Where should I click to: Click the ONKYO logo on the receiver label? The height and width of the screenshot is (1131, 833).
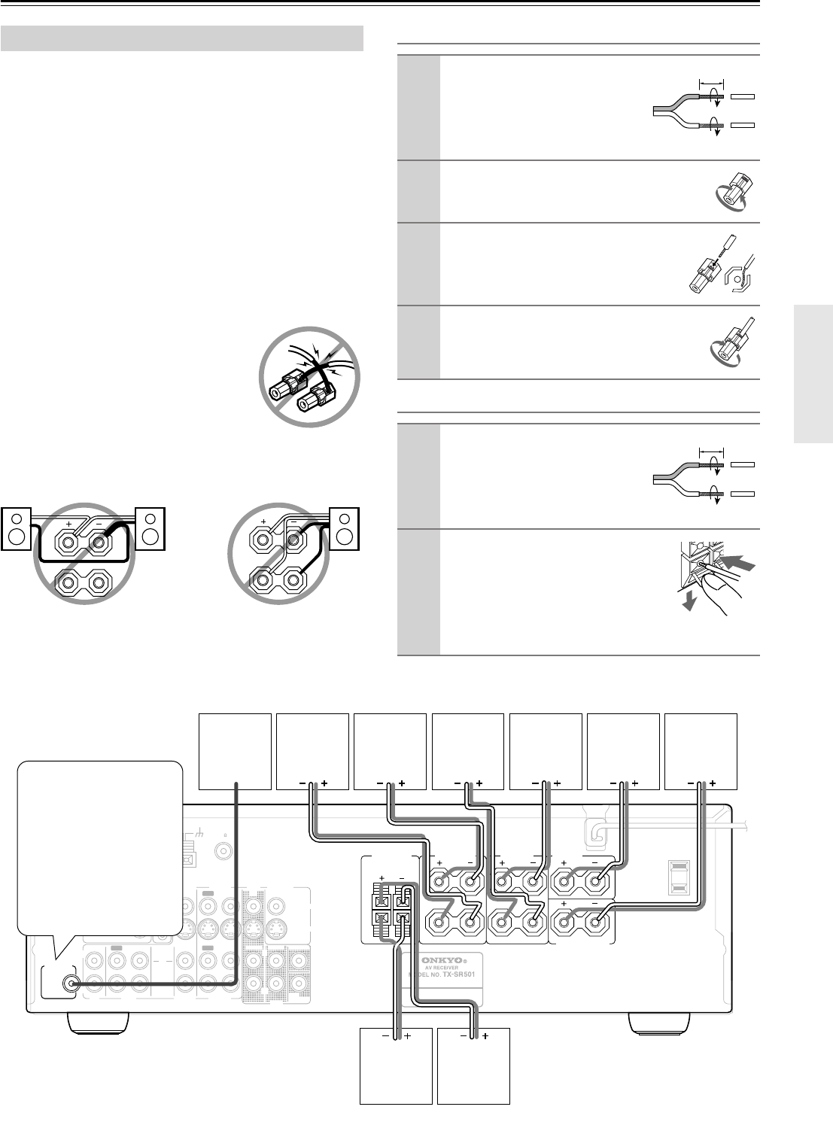pos(445,959)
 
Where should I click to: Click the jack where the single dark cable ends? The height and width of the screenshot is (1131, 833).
pos(72,982)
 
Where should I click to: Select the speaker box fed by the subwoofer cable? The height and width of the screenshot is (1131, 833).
pos(234,750)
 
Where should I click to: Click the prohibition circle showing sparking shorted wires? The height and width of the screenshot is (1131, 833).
pos(309,376)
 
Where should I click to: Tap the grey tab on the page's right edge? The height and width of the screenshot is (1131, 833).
pos(813,375)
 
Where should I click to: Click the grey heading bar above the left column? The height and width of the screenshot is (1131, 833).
pos(182,38)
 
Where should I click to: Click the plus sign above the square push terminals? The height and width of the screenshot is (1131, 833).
pos(382,877)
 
